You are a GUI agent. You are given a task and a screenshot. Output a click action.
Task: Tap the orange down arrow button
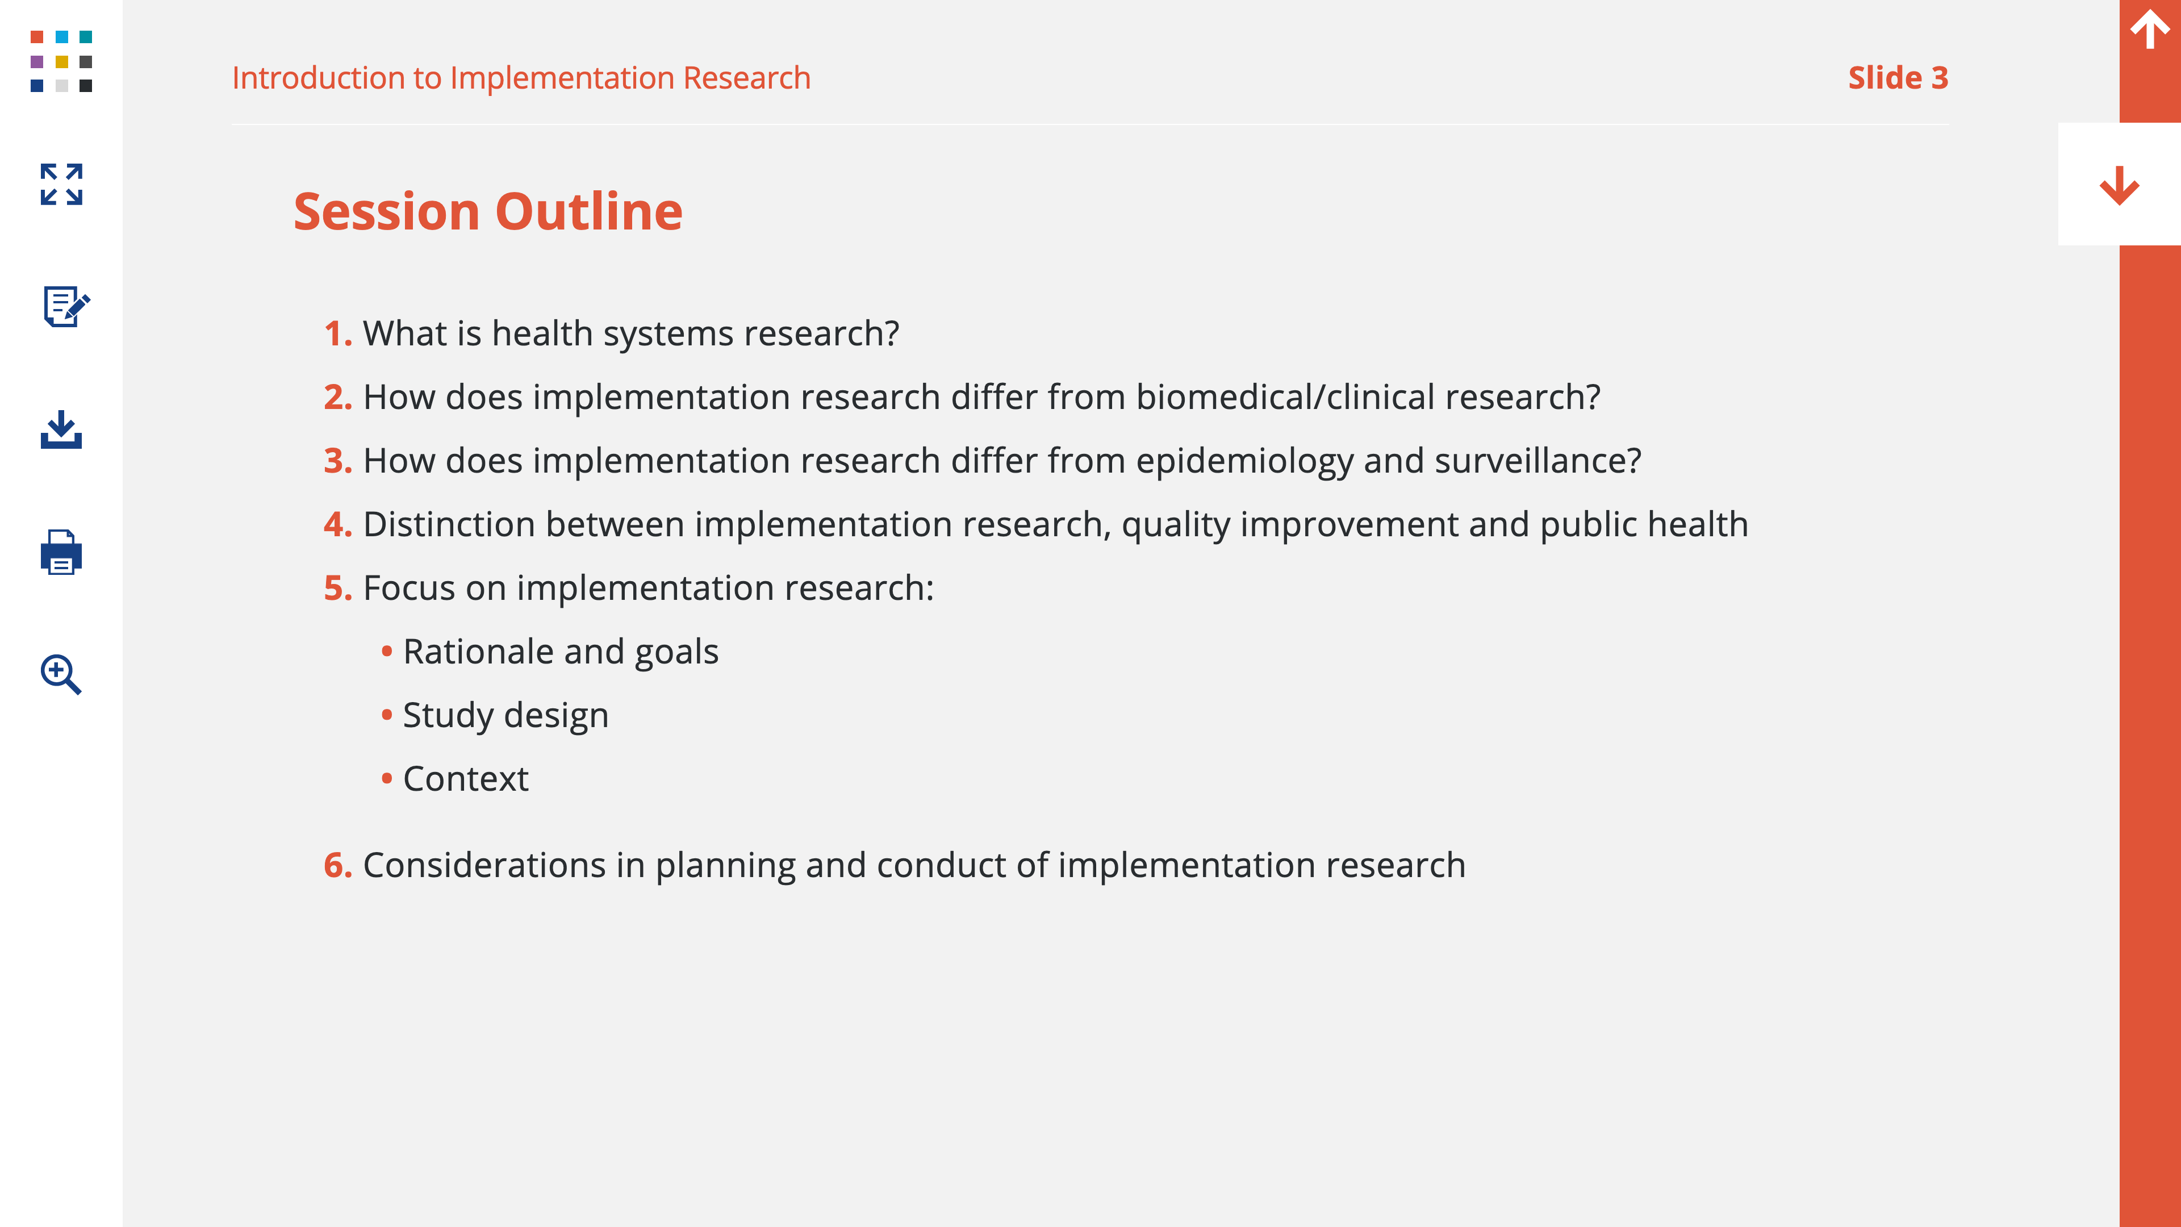(2119, 185)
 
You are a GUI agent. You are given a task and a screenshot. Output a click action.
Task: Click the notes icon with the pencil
(66, 306)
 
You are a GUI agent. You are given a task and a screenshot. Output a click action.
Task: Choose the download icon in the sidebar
(61, 429)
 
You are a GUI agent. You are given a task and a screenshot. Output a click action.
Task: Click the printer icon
(61, 552)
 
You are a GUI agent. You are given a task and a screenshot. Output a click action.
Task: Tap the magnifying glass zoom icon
(61, 674)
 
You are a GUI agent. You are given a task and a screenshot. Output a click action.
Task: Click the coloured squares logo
(61, 61)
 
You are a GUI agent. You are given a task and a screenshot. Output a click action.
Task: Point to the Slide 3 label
(1898, 78)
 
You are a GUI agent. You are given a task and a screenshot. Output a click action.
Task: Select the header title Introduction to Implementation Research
(521, 78)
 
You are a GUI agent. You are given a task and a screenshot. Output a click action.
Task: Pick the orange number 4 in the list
(337, 524)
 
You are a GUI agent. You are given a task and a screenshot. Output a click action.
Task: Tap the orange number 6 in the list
(337, 865)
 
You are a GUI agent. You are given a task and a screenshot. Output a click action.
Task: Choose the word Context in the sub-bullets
(466, 779)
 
